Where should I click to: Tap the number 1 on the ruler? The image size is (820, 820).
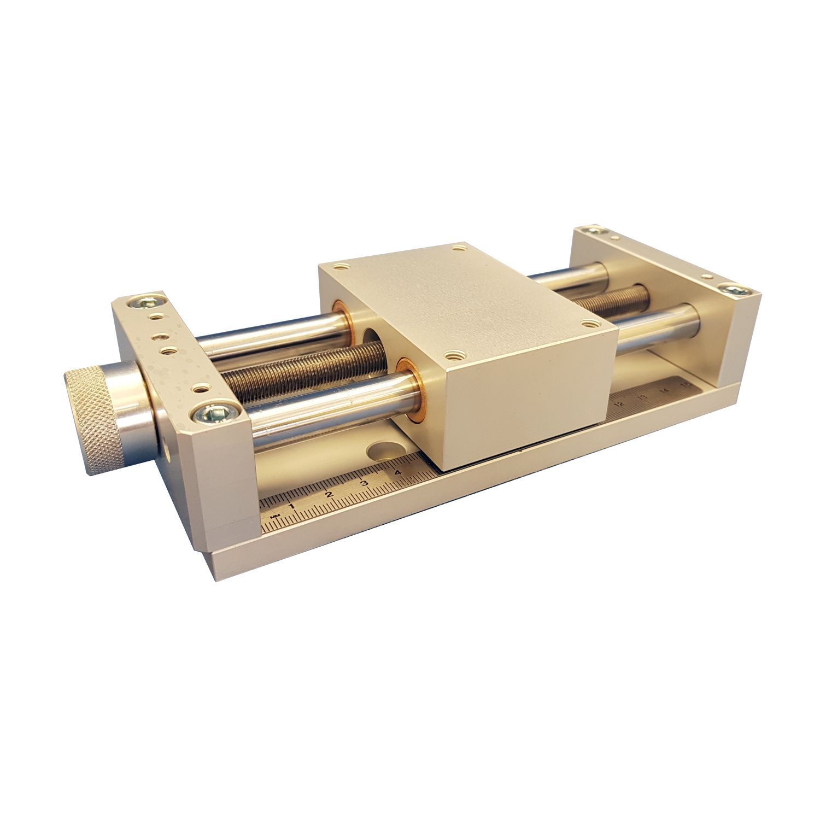coord(291,506)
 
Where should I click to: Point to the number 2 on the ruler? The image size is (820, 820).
coord(329,494)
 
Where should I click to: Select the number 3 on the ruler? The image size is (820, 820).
coord(364,483)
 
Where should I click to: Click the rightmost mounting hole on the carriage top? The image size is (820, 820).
coord(589,323)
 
